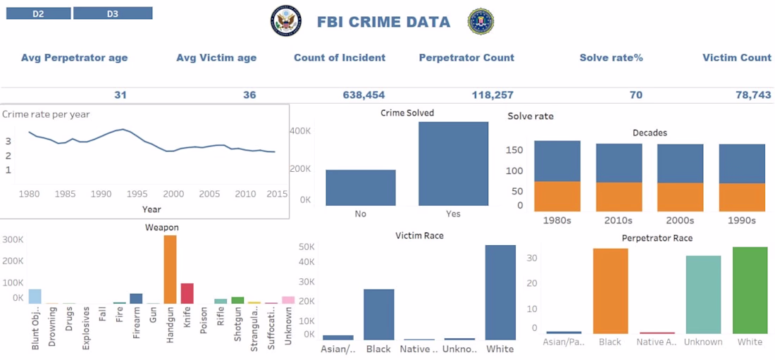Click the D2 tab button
coord(38,13)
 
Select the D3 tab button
coord(113,13)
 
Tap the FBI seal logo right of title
coord(480,22)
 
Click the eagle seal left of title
coord(285,22)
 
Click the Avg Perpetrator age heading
coord(74,58)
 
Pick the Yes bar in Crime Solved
coord(453,164)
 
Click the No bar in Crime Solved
coord(360,187)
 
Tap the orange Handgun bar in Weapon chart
coord(170,269)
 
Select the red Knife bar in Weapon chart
coord(187,293)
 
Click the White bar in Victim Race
coord(500,292)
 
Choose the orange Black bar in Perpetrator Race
coord(610,291)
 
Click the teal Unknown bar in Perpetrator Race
coord(703,294)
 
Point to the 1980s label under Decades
coord(557,220)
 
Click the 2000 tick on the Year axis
coord(173,194)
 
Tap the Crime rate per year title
coord(46,114)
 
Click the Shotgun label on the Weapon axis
coord(239,328)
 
